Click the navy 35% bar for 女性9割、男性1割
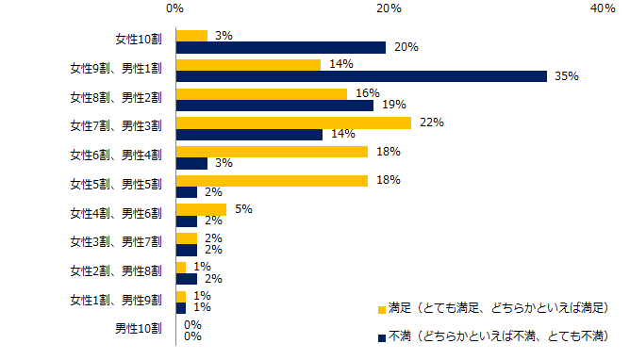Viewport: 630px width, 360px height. click(x=361, y=76)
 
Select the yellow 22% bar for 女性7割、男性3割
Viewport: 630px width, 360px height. click(x=293, y=123)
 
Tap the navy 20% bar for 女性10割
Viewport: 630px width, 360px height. click(x=281, y=47)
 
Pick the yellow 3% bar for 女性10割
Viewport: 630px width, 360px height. click(x=191, y=36)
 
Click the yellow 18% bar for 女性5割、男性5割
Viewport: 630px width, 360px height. click(x=272, y=181)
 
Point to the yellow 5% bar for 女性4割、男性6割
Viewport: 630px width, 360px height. click(x=201, y=209)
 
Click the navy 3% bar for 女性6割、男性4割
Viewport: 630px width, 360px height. click(x=191, y=164)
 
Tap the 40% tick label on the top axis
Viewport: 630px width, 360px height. click(x=604, y=8)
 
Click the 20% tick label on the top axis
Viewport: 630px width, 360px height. click(x=390, y=8)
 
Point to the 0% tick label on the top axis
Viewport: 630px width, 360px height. click(x=175, y=8)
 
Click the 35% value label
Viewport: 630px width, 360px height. click(x=566, y=76)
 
